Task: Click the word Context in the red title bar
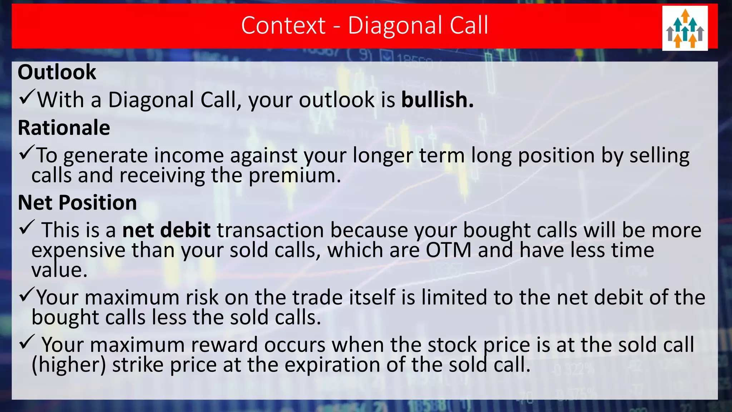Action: pyautogui.click(x=283, y=25)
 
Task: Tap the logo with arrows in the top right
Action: pyautogui.click(x=685, y=28)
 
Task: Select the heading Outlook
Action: pyautogui.click(x=57, y=72)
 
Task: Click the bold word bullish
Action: pyautogui.click(x=437, y=100)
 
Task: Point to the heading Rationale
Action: pyautogui.click(x=64, y=128)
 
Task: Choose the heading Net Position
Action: pyautogui.click(x=78, y=203)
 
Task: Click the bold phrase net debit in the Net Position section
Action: pyautogui.click(x=166, y=230)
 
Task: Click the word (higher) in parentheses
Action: pyautogui.click(x=69, y=365)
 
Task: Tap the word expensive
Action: pyautogui.click(x=78, y=250)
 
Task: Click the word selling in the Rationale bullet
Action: pyautogui.click(x=659, y=156)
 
